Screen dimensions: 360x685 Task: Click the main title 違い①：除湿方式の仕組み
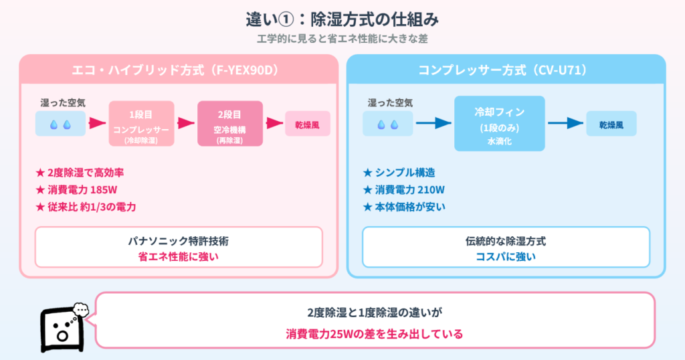pyautogui.click(x=342, y=18)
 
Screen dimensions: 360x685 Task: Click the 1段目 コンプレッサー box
pyautogui.click(x=141, y=124)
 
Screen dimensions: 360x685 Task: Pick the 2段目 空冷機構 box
pyautogui.click(x=229, y=124)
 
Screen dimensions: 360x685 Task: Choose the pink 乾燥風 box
pyautogui.click(x=308, y=124)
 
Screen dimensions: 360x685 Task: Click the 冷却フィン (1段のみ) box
pyautogui.click(x=500, y=124)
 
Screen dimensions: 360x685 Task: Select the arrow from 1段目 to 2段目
pyautogui.click(x=185, y=124)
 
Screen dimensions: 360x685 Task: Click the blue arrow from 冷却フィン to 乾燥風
pyautogui.click(x=562, y=124)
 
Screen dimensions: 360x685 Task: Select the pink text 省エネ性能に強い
pyautogui.click(x=179, y=256)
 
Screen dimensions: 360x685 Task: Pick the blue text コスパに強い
pyautogui.click(x=506, y=256)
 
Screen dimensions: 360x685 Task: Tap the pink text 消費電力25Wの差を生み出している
pyautogui.click(x=374, y=333)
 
